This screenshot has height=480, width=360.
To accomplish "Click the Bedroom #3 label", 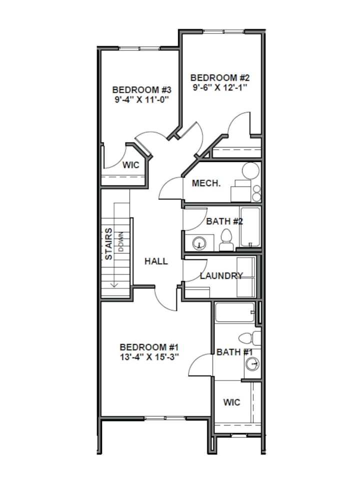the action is pos(141,90).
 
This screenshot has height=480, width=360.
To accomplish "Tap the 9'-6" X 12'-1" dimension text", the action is pos(220,87).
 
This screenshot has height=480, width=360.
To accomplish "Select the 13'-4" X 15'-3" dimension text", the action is pos(149,357).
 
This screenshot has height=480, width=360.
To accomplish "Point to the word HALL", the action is pos(156,261).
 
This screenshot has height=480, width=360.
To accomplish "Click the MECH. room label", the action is pos(206,183).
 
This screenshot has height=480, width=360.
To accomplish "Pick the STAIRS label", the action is pos(108,244).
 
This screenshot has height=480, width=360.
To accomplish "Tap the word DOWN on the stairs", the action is pos(121,242).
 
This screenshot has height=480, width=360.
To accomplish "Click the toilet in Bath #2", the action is pos(226,240).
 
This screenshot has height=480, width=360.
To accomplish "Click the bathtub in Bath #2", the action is pos(250,227).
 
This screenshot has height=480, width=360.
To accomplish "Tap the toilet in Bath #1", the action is pos(249,338).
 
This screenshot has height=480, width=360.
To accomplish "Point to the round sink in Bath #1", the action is pos(252,364).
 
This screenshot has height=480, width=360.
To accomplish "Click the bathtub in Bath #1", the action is pos(235,312).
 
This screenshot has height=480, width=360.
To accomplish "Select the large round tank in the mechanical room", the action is pos(251,171).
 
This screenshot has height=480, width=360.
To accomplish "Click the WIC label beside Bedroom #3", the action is pos(130,165).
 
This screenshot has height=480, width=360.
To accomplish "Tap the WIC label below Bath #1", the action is pos(231,402).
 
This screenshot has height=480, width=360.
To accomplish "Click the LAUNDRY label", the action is pos(221,276).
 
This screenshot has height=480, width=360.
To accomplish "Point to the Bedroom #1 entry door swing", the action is pos(165,299).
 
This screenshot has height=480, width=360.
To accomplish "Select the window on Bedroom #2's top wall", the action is pos(224,31).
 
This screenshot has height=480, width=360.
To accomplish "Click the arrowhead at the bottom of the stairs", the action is pos(114,285).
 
